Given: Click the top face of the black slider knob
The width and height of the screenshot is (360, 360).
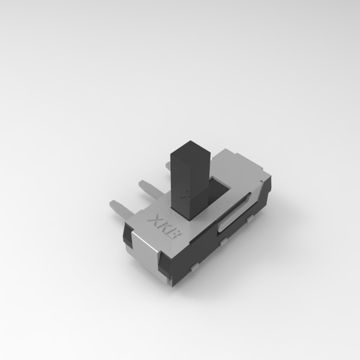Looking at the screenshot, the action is [191, 149].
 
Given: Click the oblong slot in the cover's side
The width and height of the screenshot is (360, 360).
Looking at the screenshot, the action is [234, 213].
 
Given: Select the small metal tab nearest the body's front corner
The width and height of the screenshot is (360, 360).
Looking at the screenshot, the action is [195, 267].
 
